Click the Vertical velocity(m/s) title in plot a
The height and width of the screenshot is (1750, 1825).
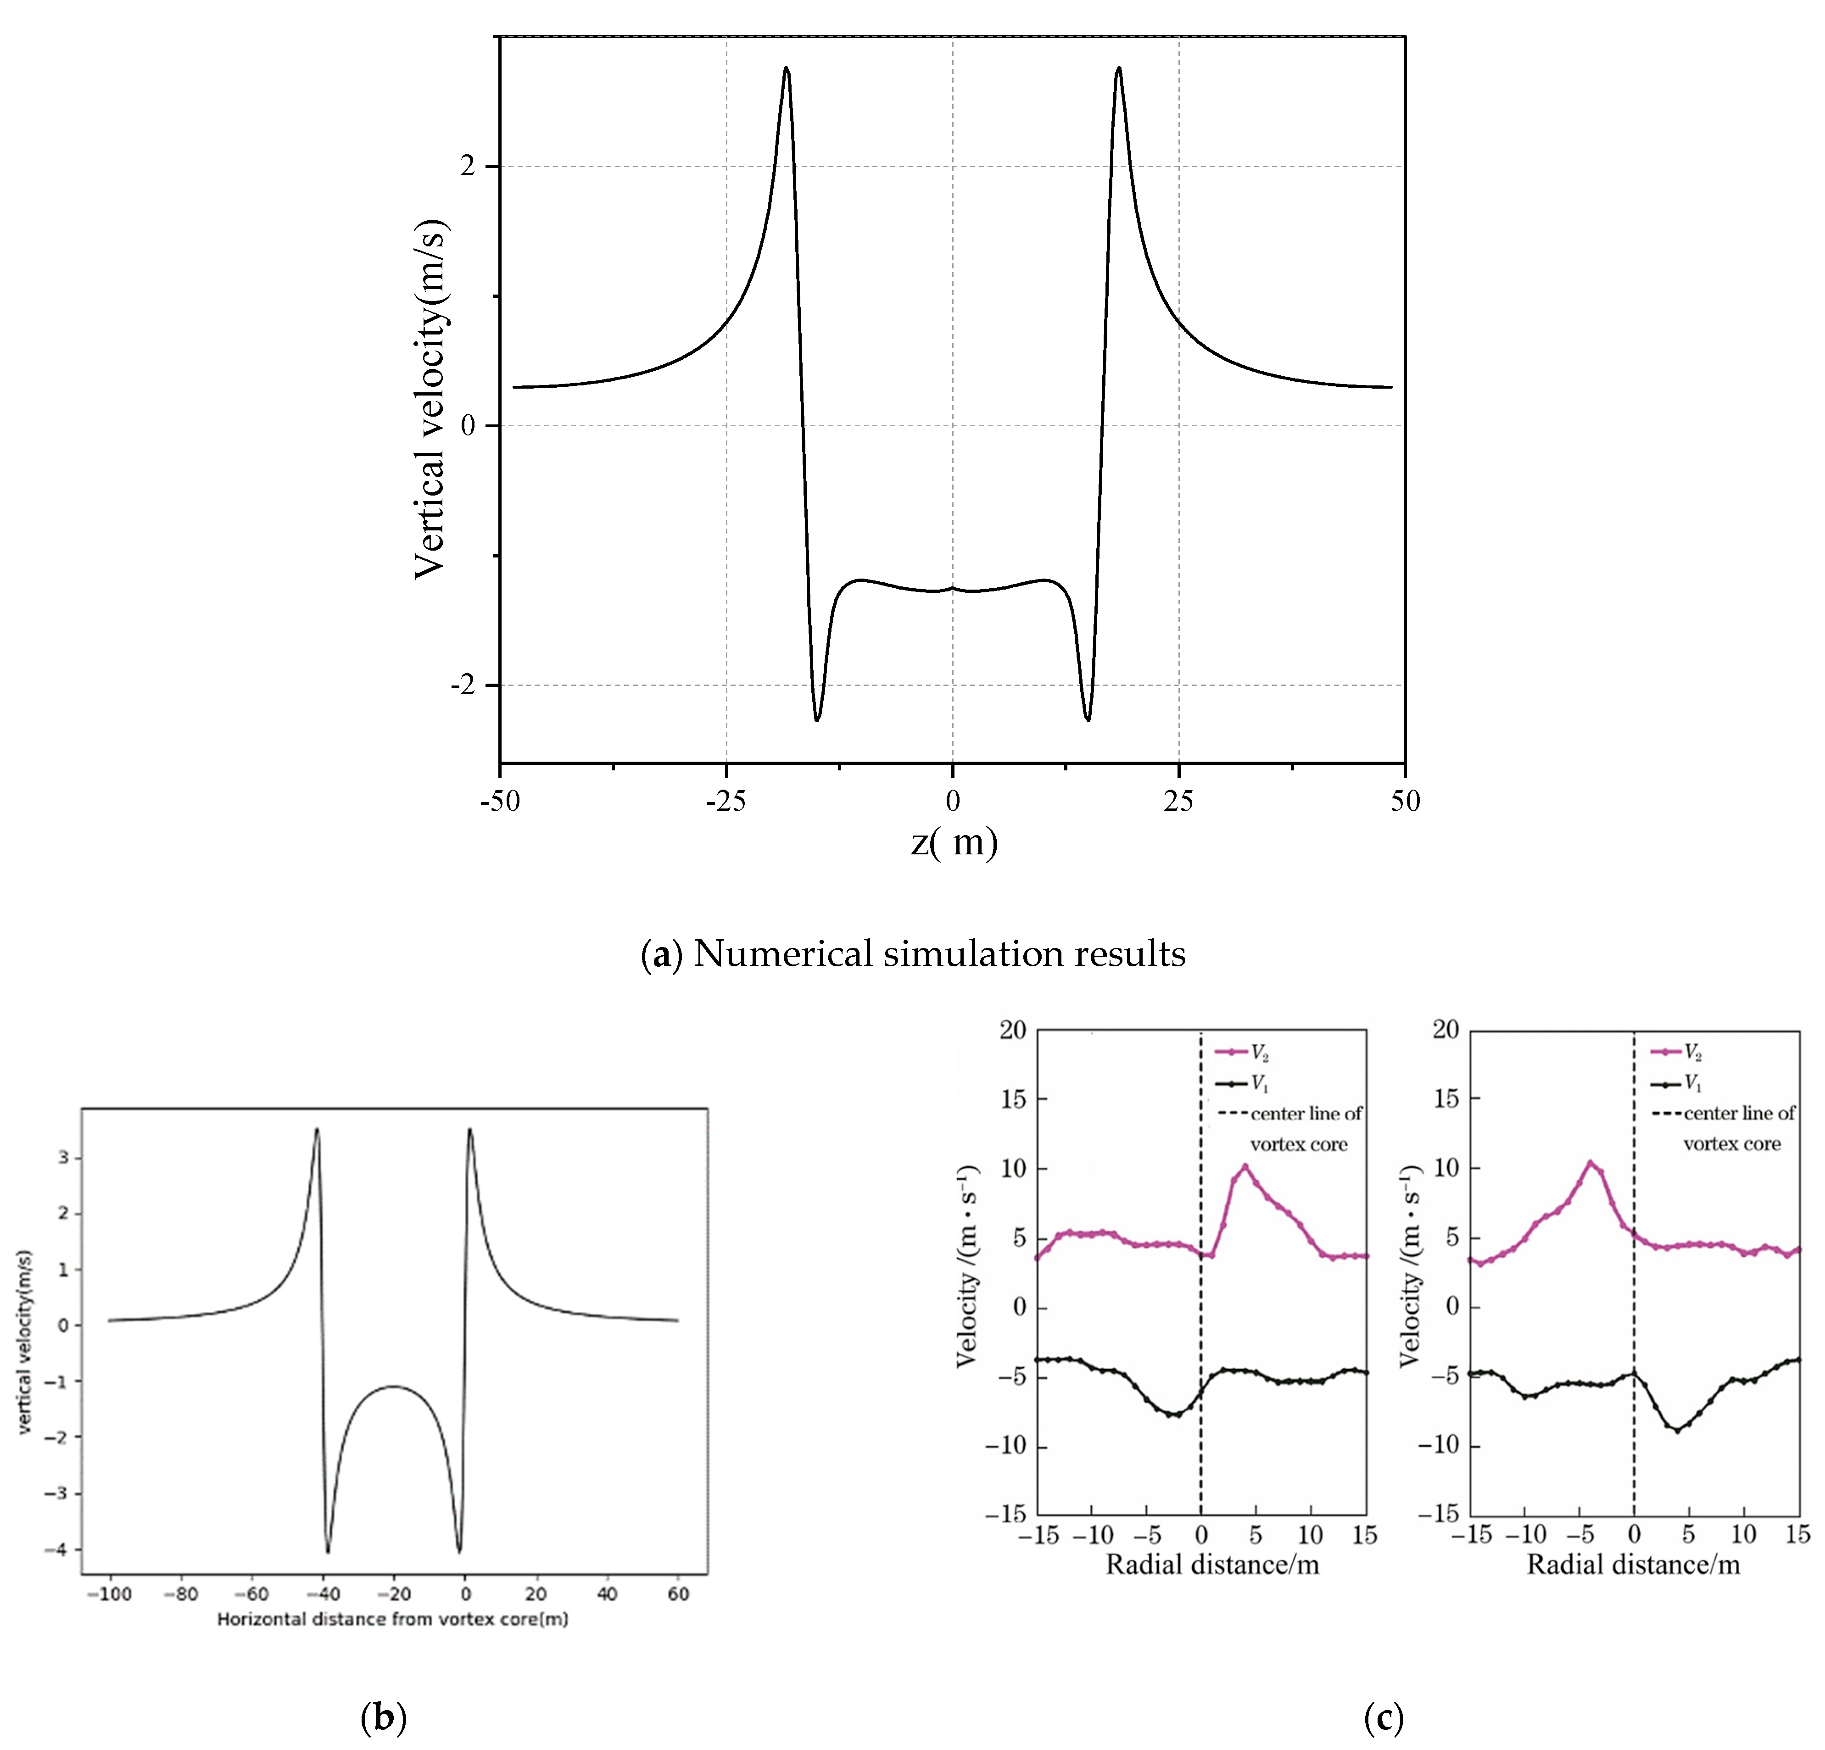pyautogui.click(x=430, y=400)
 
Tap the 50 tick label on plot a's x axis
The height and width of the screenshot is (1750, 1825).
pyautogui.click(x=1404, y=801)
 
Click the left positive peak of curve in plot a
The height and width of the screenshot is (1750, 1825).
pyautogui.click(x=787, y=69)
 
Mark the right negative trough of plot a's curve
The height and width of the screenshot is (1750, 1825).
pyautogui.click(x=1087, y=719)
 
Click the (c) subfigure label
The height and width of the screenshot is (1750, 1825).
pyautogui.click(x=1383, y=1717)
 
